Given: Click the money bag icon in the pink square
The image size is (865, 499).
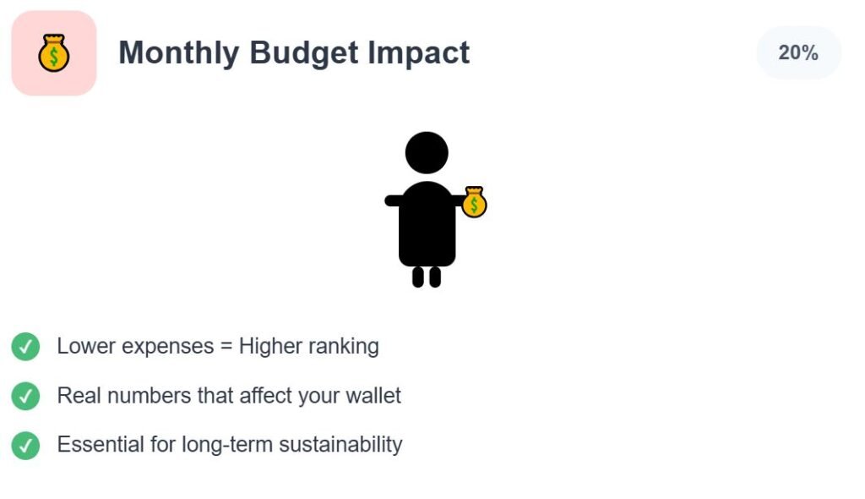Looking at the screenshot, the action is [x=54, y=53].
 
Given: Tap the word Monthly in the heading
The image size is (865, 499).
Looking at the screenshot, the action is [x=179, y=53].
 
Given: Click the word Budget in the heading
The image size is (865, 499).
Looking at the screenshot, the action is [x=304, y=53].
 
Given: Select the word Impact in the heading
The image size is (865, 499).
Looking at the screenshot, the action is [x=419, y=53].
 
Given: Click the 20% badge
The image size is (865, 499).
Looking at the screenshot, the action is [x=798, y=52].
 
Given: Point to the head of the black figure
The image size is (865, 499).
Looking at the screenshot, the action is [x=427, y=153].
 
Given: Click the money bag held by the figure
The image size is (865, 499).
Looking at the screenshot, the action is [x=474, y=202].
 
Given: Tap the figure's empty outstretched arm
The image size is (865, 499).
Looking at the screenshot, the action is [x=393, y=201].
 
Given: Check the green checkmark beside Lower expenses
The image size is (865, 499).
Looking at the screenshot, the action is [x=25, y=347].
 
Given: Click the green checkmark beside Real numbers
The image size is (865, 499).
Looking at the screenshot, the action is [x=25, y=396].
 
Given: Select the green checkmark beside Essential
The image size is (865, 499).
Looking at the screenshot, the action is [x=25, y=446].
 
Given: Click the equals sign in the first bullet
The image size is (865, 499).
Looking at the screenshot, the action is [x=226, y=347].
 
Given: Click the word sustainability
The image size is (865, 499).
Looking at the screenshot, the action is [x=341, y=445].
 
